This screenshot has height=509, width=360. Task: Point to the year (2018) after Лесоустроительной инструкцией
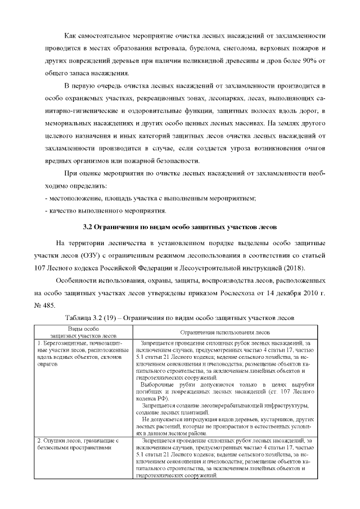point(285,266)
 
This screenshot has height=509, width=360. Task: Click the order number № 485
point(44,305)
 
